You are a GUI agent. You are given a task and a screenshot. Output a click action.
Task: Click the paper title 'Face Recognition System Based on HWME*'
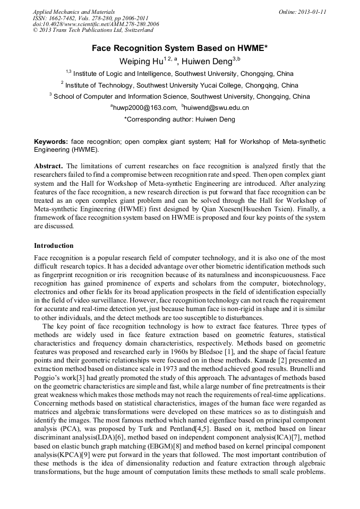(x=179, y=48)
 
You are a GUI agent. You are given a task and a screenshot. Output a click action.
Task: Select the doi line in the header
(x=96, y=24)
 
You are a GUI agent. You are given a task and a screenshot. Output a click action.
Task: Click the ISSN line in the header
(x=90, y=18)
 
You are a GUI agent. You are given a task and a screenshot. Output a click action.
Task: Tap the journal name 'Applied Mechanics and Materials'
(x=73, y=11)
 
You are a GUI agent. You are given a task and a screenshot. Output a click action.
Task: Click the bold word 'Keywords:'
(x=51, y=142)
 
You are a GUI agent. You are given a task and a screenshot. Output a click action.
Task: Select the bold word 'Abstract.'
(x=49, y=166)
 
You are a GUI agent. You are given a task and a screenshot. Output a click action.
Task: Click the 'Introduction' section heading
(x=54, y=246)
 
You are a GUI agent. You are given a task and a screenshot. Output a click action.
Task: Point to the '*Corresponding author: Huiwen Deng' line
(x=179, y=119)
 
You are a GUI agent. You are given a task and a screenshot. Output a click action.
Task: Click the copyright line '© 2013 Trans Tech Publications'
(x=93, y=30)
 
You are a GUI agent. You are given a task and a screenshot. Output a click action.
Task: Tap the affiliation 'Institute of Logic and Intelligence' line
(x=183, y=74)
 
